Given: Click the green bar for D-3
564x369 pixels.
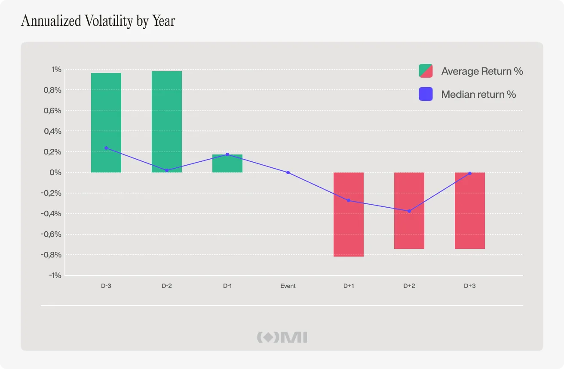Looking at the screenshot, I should coord(106,122).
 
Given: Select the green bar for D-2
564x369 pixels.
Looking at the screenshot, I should coord(167,121).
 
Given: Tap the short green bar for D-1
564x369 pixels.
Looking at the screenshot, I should coord(227,163).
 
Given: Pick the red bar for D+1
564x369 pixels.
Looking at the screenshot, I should coord(349,215).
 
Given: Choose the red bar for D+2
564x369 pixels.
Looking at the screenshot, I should coord(409,210).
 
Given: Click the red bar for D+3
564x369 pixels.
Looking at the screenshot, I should coord(470,210).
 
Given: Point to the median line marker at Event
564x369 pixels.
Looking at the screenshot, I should coord(288,172).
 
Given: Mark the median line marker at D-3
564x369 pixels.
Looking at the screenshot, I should coord(106,148).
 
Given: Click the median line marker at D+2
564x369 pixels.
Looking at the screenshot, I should coord(409,211).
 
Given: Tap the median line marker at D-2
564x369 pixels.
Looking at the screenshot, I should coord(167,170).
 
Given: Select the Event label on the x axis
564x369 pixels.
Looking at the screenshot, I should coord(288,286).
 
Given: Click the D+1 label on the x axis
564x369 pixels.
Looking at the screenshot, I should coord(349,286).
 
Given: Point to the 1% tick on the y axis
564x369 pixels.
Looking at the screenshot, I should coord(57,70).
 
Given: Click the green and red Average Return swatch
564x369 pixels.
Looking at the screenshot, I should coord(426,71).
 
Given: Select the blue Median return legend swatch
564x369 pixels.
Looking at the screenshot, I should coord(426,94).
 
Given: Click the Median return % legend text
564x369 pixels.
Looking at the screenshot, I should coord(478,94).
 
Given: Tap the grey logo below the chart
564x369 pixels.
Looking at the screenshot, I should coord(282,337).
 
